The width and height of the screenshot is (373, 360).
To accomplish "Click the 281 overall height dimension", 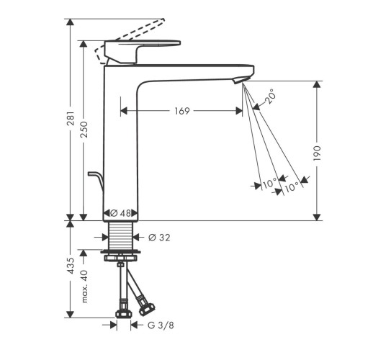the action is click(71, 118).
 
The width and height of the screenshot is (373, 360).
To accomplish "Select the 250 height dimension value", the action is click(84, 130).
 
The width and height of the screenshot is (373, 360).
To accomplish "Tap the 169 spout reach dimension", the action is click(182, 111).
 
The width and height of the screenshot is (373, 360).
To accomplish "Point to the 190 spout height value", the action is click(317, 153).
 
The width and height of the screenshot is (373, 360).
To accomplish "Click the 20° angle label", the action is click(269, 96).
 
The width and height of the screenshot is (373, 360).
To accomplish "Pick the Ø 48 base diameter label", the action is click(120, 213).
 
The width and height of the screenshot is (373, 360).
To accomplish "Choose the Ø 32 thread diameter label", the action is click(159, 238).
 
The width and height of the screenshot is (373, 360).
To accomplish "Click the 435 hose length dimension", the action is click(71, 266).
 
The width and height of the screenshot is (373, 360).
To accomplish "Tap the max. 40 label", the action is click(84, 286).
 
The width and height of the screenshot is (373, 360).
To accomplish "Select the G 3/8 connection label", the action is click(161, 325).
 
